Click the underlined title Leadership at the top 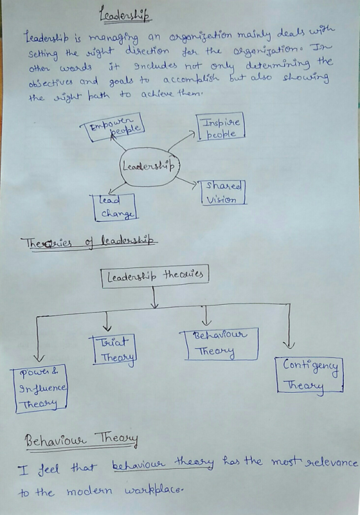point(125,14)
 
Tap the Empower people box point(114,127)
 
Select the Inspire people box point(221,127)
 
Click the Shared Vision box point(223,193)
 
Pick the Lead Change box point(115,207)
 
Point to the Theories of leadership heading point(89,243)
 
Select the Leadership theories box point(155,276)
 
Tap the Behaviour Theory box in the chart point(219,343)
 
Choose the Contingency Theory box point(310,375)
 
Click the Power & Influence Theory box point(39,388)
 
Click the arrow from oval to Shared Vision point(186,181)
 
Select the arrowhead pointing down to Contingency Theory point(289,345)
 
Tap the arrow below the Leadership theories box point(154,297)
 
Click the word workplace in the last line point(153,491)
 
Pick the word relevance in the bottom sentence point(331,462)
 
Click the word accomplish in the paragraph point(190,79)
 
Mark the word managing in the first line point(114,39)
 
